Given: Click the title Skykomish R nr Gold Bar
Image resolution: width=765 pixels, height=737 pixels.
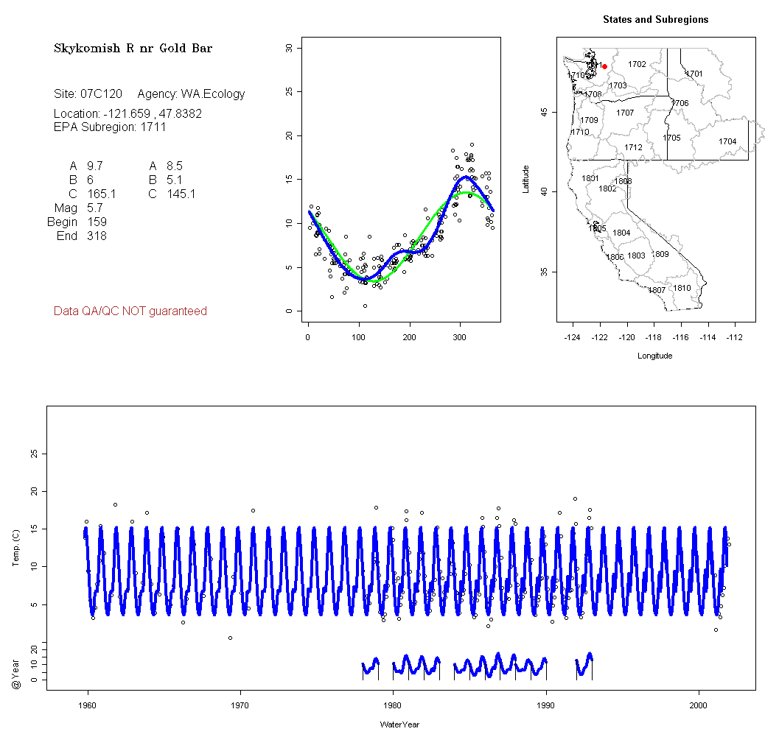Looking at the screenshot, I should pyautogui.click(x=133, y=49).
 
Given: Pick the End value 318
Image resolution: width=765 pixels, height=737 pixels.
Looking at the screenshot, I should pyautogui.click(x=96, y=236).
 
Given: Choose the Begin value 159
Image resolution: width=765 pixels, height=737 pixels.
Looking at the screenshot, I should pyautogui.click(x=96, y=222).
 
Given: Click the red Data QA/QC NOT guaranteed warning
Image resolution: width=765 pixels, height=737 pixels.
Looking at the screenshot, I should pyautogui.click(x=130, y=311).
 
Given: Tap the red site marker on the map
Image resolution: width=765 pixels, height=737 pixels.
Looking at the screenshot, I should pyautogui.click(x=604, y=66).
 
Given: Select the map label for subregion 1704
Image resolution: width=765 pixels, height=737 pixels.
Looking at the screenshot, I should pyautogui.click(x=727, y=141).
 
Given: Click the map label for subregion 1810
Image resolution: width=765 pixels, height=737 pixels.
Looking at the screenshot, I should pyautogui.click(x=682, y=288).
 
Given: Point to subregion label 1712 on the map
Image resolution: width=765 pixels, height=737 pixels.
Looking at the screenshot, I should pyautogui.click(x=633, y=147).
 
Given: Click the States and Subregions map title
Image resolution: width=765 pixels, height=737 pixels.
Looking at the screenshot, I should pyautogui.click(x=655, y=20).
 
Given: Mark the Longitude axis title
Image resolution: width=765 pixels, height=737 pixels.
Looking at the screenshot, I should pyautogui.click(x=654, y=356).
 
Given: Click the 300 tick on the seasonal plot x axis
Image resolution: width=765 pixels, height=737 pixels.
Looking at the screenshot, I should pyautogui.click(x=461, y=337).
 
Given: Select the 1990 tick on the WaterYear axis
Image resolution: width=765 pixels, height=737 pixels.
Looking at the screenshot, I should pyautogui.click(x=546, y=704).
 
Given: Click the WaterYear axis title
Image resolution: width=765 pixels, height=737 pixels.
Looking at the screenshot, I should pyautogui.click(x=400, y=724).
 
